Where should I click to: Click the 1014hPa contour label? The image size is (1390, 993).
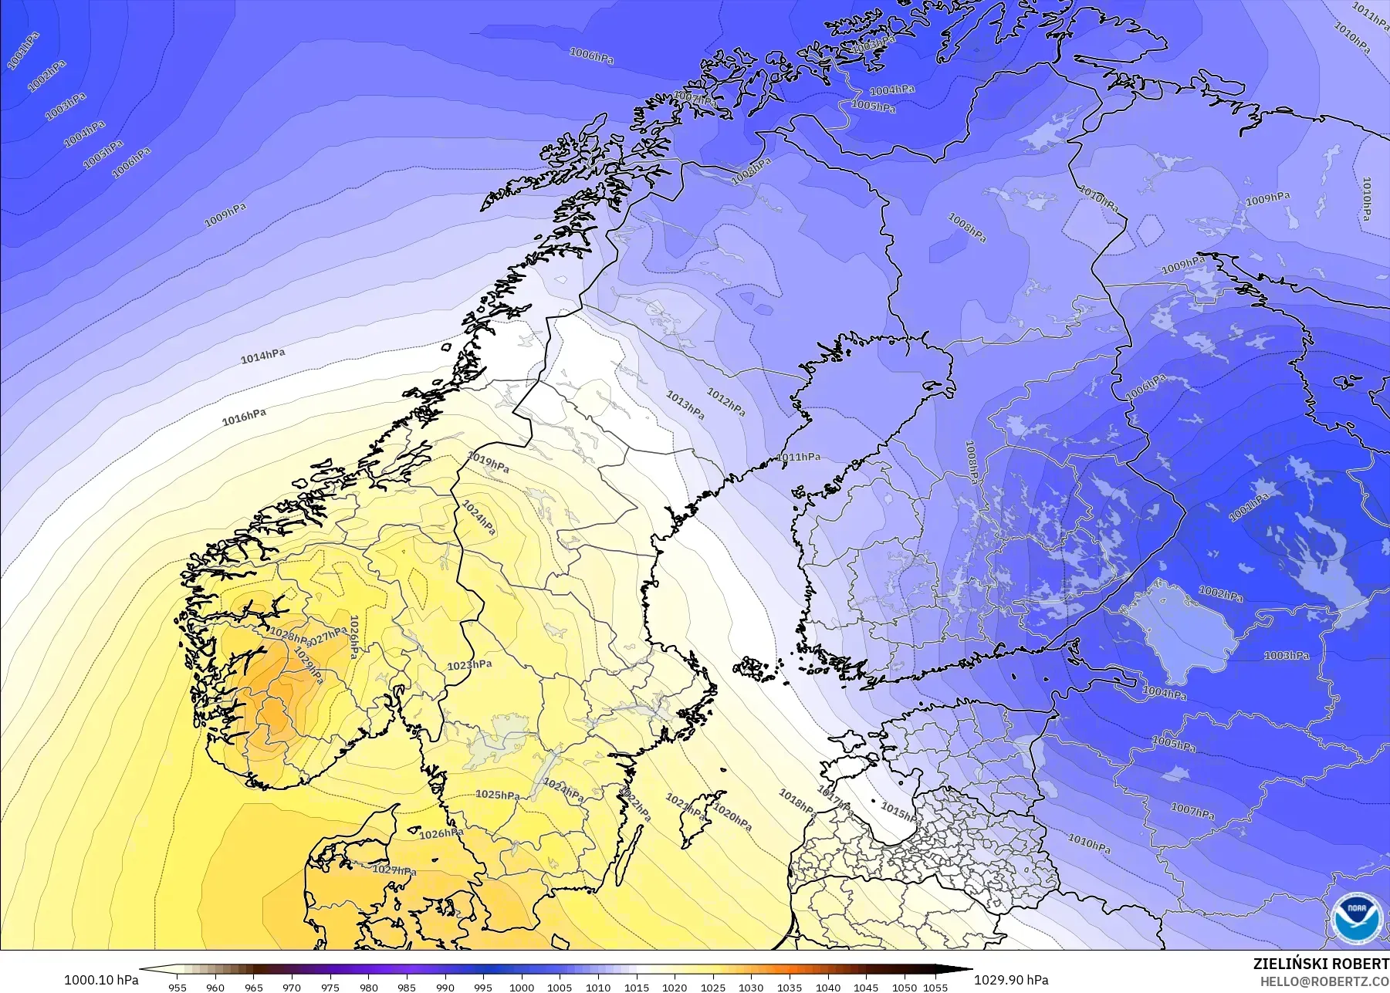coord(262,356)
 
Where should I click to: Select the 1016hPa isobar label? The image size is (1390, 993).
coord(244,417)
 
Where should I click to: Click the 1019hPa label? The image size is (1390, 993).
coord(488,463)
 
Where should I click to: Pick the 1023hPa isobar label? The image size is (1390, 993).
coord(469,664)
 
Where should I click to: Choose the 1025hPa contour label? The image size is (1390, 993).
coord(497,795)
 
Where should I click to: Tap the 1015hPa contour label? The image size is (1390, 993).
coord(899,812)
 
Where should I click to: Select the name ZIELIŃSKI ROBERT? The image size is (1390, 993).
coord(1321,964)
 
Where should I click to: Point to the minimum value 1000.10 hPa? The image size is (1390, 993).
coord(101,980)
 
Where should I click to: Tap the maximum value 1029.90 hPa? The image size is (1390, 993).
coord(1010,980)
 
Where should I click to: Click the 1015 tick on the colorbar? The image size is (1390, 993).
coord(636,987)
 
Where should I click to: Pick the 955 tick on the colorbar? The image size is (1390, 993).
coord(178,987)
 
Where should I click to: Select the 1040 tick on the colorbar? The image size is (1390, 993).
coord(828,987)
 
